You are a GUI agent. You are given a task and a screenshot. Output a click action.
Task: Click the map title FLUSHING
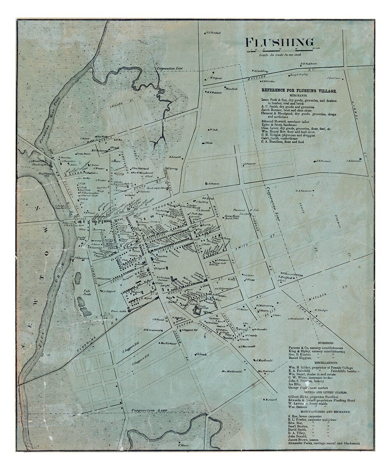(280, 42)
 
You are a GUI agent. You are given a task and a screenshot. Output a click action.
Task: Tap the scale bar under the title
(279, 50)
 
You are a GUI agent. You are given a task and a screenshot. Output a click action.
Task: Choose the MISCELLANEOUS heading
(316, 362)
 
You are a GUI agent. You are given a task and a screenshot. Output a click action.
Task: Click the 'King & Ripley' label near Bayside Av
(298, 74)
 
